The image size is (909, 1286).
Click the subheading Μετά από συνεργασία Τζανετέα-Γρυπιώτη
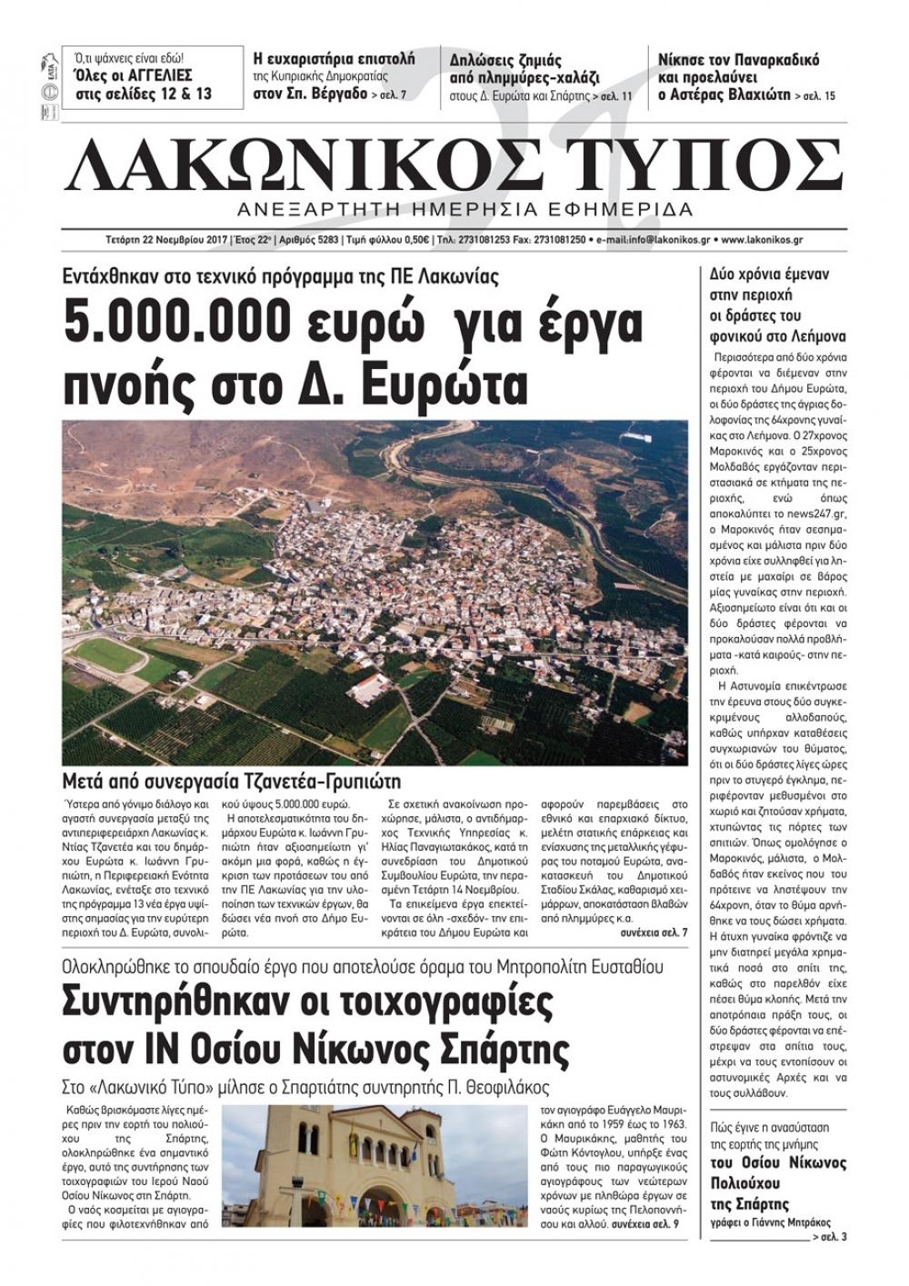coord(232,781)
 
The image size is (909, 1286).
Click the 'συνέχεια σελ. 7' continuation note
coord(654,932)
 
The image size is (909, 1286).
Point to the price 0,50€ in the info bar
coord(413,240)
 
